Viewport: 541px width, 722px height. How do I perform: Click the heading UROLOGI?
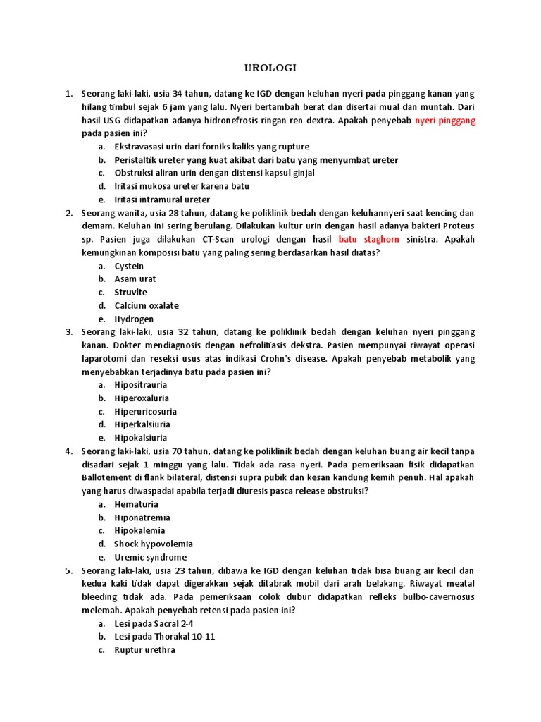click(x=270, y=68)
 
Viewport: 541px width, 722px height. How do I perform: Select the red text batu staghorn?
click(x=368, y=239)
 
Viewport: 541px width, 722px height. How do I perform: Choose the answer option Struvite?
click(x=131, y=292)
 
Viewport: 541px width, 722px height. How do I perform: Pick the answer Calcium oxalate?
click(x=147, y=305)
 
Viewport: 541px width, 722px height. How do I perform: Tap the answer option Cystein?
click(x=129, y=266)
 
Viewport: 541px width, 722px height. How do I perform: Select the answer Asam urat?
click(x=135, y=279)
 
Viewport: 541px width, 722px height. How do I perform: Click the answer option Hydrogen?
click(x=134, y=319)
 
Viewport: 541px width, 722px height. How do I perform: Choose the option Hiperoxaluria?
click(x=142, y=398)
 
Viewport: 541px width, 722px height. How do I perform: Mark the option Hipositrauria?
click(x=141, y=385)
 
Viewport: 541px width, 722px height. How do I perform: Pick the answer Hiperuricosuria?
click(x=146, y=412)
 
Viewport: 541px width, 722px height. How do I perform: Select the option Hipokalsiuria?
click(x=141, y=438)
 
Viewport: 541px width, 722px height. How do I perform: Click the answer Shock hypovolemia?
click(x=154, y=544)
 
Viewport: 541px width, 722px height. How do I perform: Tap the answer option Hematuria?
click(x=137, y=504)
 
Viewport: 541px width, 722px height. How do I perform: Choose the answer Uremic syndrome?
click(x=151, y=557)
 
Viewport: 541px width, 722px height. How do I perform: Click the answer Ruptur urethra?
click(x=145, y=650)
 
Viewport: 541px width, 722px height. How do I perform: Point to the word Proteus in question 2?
click(x=458, y=226)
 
